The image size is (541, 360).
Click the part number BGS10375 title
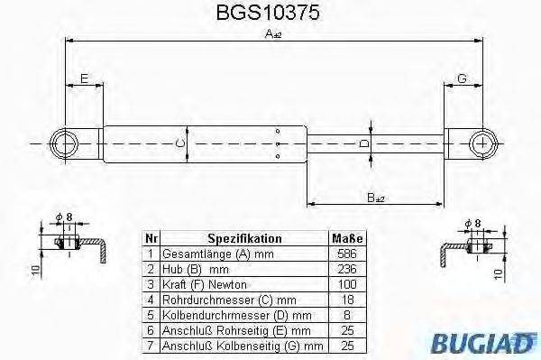point(271,14)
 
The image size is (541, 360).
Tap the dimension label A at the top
point(270,33)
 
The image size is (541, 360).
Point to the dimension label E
point(83,79)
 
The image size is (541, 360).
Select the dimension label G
point(462,79)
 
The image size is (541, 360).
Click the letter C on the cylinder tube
point(179,143)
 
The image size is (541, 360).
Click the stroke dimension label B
point(376,198)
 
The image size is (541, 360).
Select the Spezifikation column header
point(244,239)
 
